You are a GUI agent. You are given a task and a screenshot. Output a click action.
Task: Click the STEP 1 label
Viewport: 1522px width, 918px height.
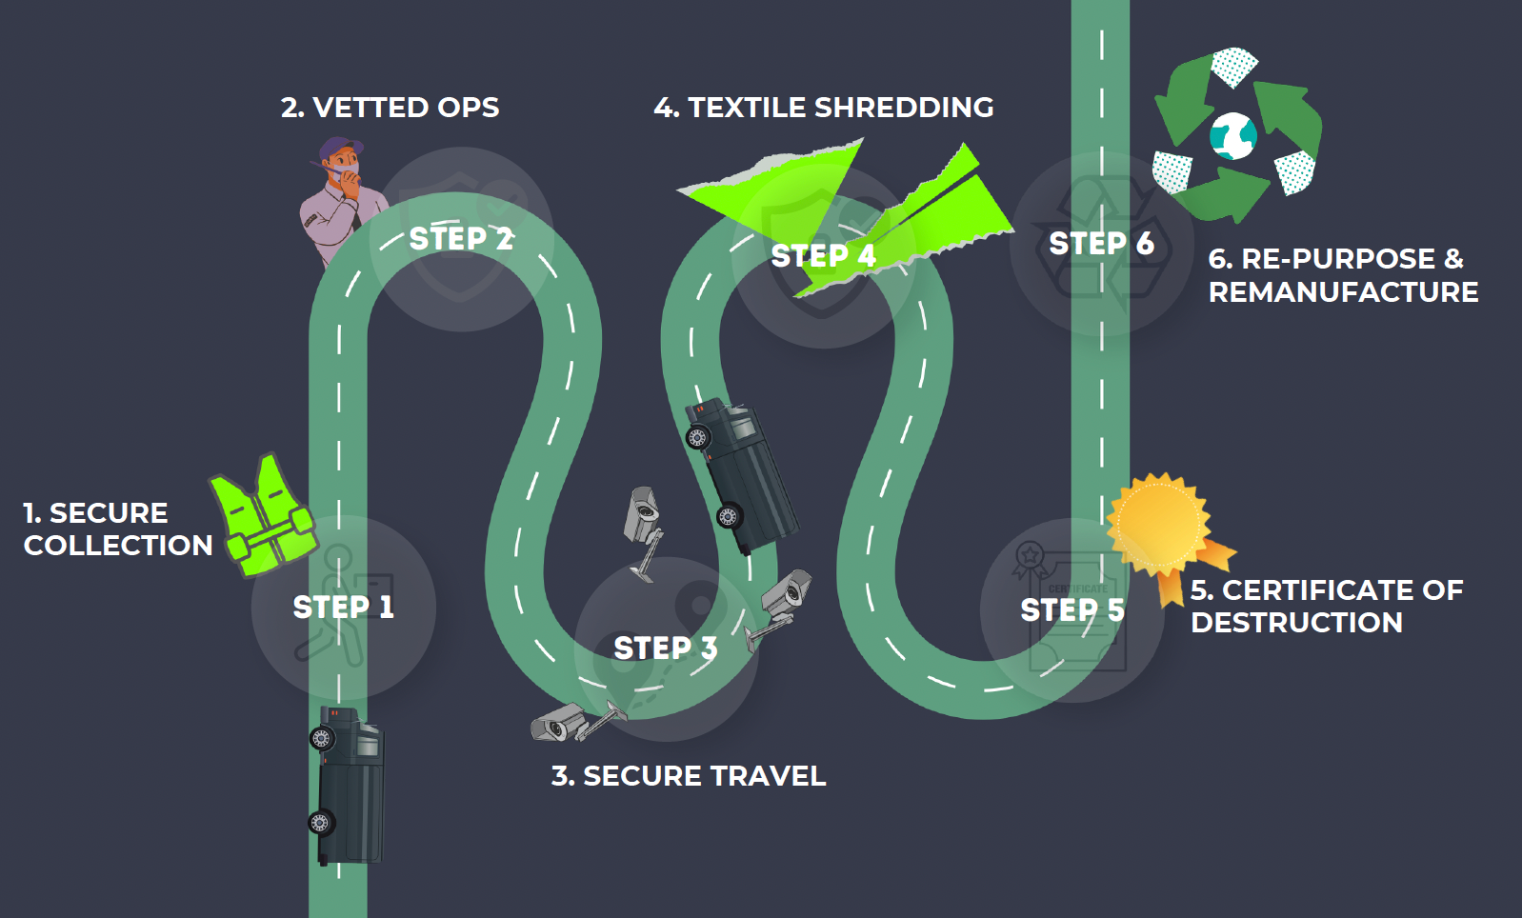(343, 607)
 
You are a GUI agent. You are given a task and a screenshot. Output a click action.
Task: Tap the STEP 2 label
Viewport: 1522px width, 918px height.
(461, 238)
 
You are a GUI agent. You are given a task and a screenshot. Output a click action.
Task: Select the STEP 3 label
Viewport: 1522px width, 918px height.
(665, 649)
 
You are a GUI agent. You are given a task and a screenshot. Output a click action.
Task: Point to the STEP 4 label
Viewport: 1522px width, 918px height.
(823, 255)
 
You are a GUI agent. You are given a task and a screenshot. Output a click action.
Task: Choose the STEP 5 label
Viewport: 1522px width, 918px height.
(1071, 609)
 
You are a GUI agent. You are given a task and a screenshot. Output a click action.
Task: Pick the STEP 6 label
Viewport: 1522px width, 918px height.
(1101, 244)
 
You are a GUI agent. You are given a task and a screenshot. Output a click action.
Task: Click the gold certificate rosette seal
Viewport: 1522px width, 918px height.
(1158, 523)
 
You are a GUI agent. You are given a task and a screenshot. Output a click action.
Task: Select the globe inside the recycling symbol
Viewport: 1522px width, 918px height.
(1233, 136)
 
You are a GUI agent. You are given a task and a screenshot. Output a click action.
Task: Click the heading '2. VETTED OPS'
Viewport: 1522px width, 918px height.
(390, 108)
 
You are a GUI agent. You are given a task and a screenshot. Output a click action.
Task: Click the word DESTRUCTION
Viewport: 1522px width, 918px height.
(1296, 623)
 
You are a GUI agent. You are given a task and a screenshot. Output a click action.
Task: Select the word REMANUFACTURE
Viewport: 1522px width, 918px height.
(1343, 292)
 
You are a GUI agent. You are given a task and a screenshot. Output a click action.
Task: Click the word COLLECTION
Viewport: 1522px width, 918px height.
(118, 546)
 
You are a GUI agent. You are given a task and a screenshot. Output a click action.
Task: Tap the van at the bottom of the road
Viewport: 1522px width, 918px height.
(348, 786)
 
